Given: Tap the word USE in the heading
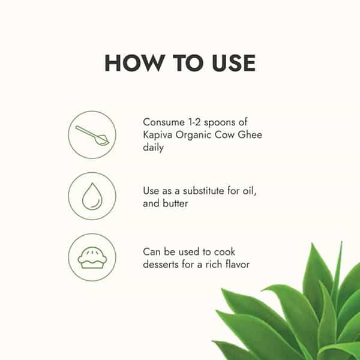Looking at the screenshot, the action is pos(233,63).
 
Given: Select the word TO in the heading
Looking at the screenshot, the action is pos(188,63).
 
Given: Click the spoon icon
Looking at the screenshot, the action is pos(92,136).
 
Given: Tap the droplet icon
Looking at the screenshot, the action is pos(92,197).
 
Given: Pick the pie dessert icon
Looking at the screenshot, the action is pos(92,257).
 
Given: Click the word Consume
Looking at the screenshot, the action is pos(164,122).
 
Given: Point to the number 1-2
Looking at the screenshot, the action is pos(194,122).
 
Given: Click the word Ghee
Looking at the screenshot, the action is pos(250,134).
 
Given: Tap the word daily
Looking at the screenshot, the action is pos(153,147).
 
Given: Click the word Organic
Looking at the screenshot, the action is pos(193,135).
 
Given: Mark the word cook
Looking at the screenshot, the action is pos(224,252).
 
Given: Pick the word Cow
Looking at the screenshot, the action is pos(224,134).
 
